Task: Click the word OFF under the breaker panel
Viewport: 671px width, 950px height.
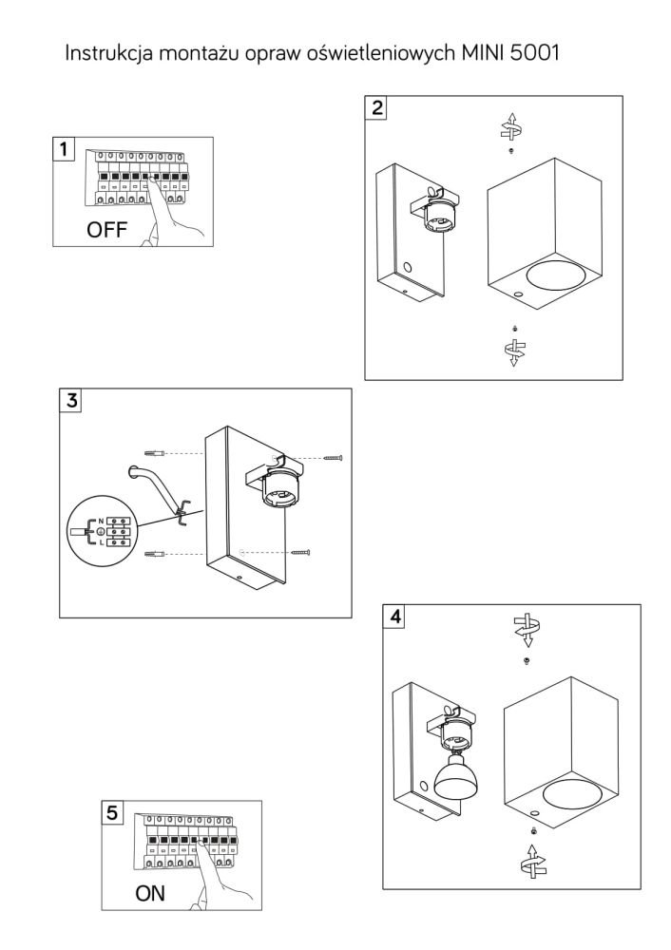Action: pyautogui.click(x=106, y=231)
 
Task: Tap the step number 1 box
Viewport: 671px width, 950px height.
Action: pyautogui.click(x=63, y=150)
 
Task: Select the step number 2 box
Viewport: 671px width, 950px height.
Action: pyautogui.click(x=378, y=107)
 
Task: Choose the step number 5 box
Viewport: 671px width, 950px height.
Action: pyautogui.click(x=113, y=813)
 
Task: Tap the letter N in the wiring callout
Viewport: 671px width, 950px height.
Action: pyautogui.click(x=101, y=522)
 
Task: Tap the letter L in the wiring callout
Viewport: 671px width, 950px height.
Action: pyautogui.click(x=101, y=544)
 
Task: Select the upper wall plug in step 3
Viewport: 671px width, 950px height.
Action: pyautogui.click(x=155, y=451)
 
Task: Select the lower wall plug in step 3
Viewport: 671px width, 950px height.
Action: pyautogui.click(x=155, y=553)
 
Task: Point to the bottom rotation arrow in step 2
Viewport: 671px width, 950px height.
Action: pyautogui.click(x=513, y=350)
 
